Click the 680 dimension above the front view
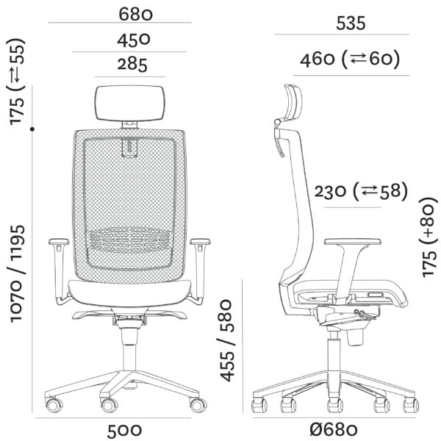[135, 14]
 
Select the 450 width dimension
[134, 40]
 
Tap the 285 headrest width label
[132, 65]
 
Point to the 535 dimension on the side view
[351, 24]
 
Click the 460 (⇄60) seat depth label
[350, 60]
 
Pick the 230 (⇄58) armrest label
[361, 192]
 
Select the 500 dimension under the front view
[124, 431]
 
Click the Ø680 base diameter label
[334, 430]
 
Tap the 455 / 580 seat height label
[226, 340]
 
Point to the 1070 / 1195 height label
[18, 273]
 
